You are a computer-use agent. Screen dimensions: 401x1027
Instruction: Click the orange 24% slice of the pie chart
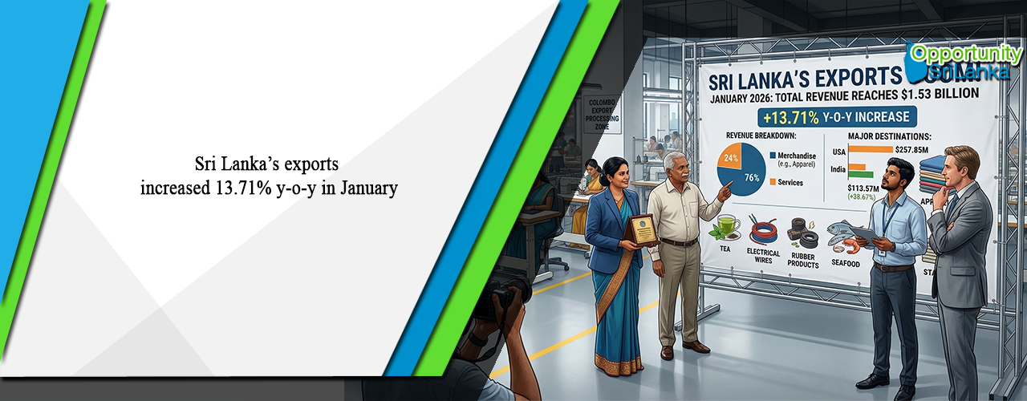pyautogui.click(x=729, y=158)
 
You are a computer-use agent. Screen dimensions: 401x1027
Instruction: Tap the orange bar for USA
pyautogui.click(x=871, y=149)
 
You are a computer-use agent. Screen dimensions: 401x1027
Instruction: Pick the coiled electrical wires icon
pyautogui.click(x=763, y=233)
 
